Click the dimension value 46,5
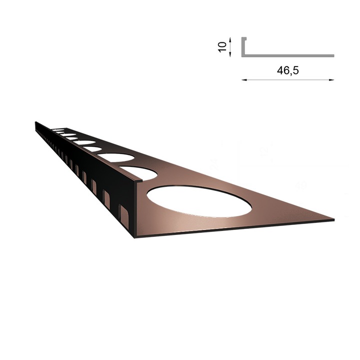[x=287, y=70]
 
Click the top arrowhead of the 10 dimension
[x=230, y=38]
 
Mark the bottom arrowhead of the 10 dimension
[x=230, y=54]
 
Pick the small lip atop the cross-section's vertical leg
[x=245, y=37]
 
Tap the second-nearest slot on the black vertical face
[x=106, y=197]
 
